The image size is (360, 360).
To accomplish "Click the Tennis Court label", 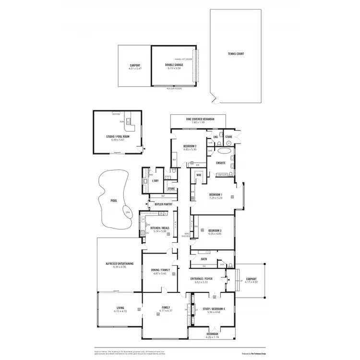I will click(236, 54).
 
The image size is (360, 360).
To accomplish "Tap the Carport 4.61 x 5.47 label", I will click(134, 69).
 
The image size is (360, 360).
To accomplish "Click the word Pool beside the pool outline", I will click(113, 201).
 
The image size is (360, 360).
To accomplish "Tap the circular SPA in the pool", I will click(127, 213).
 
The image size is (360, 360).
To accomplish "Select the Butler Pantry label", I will click(163, 204).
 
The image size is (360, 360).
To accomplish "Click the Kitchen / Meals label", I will click(159, 228).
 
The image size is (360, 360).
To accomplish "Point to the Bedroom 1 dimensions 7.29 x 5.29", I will click(216, 198).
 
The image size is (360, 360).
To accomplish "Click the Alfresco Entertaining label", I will click(119, 264).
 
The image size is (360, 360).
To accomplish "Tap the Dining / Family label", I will click(159, 270).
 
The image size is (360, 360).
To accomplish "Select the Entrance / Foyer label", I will click(201, 278).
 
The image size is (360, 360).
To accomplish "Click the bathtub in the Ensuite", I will click(224, 150).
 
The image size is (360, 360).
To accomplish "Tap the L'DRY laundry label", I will click(155, 181).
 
